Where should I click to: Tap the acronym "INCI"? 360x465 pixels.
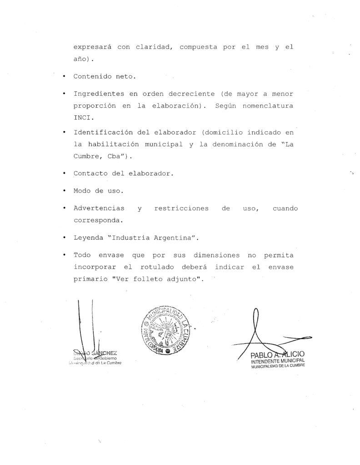[81, 117]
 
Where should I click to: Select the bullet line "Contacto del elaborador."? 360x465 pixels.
[124, 173]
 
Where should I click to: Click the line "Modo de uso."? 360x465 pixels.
[94, 191]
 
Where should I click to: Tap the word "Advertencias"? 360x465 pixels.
[99, 208]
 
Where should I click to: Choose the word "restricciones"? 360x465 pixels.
[181, 208]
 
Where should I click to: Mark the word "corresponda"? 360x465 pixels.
[96, 220]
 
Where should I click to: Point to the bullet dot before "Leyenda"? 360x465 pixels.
[65, 237]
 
